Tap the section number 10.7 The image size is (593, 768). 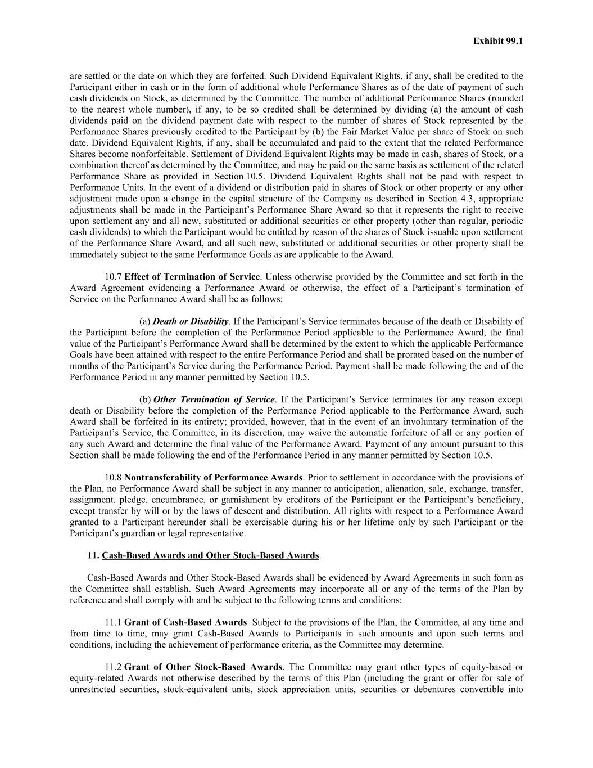click(x=114, y=277)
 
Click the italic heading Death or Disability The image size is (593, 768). click(x=191, y=321)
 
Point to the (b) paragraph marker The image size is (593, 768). click(x=145, y=399)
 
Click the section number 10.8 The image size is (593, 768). click(x=114, y=478)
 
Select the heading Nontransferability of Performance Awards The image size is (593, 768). click(x=213, y=478)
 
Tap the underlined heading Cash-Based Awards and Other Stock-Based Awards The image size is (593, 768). click(x=210, y=556)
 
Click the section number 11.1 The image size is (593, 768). click(x=113, y=623)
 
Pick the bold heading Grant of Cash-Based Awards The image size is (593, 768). click(x=185, y=623)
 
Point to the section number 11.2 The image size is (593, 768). click(x=113, y=667)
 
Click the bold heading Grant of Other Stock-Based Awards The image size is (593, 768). click(x=203, y=667)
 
